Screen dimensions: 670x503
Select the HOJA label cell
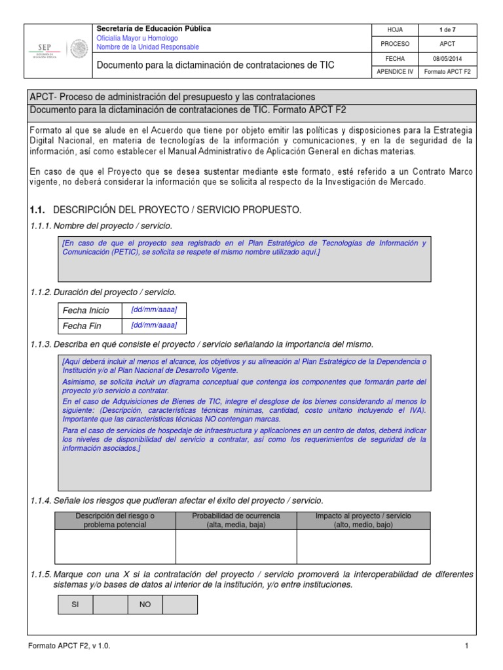click(395, 30)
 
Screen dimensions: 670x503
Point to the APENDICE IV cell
click(395, 72)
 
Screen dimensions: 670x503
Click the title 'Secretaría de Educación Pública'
click(154, 29)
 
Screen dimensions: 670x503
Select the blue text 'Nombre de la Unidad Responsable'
click(148, 47)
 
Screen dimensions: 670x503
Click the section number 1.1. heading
click(38, 210)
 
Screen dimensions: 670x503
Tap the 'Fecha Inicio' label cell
click(86, 310)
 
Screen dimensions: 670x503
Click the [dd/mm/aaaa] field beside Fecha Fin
click(154, 325)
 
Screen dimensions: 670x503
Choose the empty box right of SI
click(110, 605)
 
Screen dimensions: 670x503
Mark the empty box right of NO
click(179, 605)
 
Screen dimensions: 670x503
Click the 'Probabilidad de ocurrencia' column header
click(236, 520)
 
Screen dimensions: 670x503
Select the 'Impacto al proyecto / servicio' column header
click(363, 520)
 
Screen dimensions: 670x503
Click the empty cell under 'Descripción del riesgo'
click(115, 546)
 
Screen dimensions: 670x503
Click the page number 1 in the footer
click(467, 646)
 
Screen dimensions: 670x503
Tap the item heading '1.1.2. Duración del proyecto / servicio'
click(103, 292)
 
